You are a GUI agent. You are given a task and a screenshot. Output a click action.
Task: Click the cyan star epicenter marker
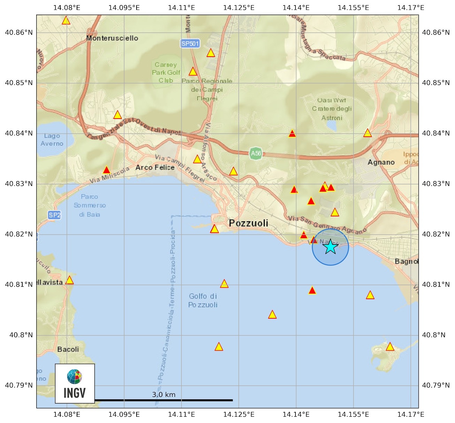pyautogui.click(x=330, y=247)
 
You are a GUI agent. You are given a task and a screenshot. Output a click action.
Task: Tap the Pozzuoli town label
pyautogui.click(x=248, y=223)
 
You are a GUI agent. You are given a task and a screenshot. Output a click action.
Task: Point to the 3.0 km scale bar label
pyautogui.click(x=164, y=394)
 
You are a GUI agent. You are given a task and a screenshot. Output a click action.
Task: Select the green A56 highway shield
pyautogui.click(x=256, y=153)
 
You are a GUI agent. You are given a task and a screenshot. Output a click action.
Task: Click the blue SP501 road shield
pyautogui.click(x=190, y=43)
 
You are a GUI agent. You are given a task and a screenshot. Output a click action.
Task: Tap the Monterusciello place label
pyautogui.click(x=112, y=38)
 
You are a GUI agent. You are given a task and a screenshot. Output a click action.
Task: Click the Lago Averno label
pyautogui.click(x=52, y=140)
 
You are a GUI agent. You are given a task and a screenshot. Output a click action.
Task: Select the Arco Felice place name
pyautogui.click(x=155, y=168)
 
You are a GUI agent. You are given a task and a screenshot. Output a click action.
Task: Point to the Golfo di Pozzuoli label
pyautogui.click(x=203, y=301)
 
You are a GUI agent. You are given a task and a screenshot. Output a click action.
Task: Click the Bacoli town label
pyautogui.click(x=68, y=349)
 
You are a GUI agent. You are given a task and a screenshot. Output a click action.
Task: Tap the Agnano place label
pyautogui.click(x=381, y=162)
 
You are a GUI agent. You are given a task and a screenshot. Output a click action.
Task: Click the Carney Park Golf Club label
pyautogui.click(x=166, y=72)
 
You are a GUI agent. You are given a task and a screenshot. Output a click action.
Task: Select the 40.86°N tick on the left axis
pyautogui.click(x=19, y=33)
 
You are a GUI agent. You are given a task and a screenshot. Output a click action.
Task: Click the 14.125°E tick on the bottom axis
pyautogui.click(x=239, y=414)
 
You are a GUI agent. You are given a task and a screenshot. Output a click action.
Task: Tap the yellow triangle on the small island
pyautogui.click(x=390, y=347)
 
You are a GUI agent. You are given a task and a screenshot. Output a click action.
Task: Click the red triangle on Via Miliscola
pyautogui.click(x=107, y=170)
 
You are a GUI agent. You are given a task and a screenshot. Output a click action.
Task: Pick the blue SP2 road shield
pyautogui.click(x=54, y=215)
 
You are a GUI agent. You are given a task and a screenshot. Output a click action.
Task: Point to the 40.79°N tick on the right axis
pyautogui.click(x=436, y=385)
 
